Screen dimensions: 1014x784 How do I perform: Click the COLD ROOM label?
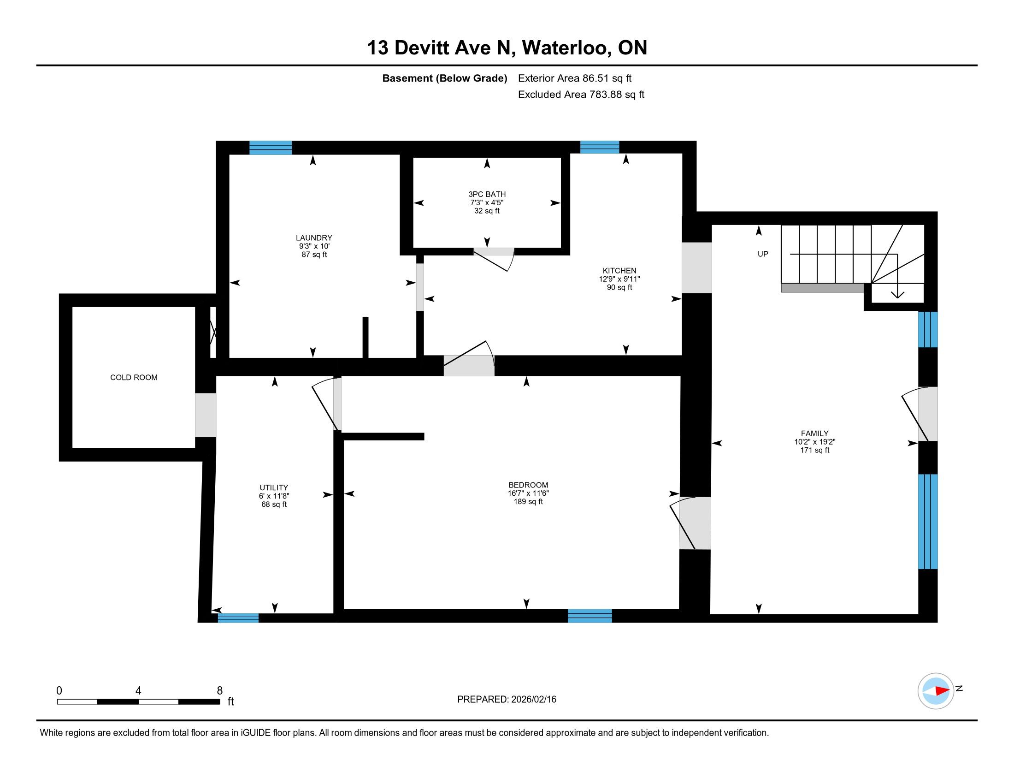click(134, 378)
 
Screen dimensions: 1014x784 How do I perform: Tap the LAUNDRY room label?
click(314, 238)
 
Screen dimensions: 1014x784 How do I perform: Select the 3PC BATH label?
click(487, 194)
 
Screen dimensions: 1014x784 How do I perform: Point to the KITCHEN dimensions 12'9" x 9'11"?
click(619, 279)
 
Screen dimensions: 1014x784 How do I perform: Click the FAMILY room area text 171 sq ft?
click(815, 450)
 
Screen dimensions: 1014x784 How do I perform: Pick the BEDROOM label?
click(528, 485)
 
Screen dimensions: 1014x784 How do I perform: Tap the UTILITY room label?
click(274, 487)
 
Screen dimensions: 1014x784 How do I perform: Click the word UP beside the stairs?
click(763, 254)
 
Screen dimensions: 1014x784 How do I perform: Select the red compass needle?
click(942, 691)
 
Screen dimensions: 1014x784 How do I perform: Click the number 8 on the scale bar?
click(219, 691)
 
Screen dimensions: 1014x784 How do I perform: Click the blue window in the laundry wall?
click(271, 148)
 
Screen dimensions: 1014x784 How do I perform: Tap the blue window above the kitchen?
click(600, 147)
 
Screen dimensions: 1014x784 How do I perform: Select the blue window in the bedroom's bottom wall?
click(590, 616)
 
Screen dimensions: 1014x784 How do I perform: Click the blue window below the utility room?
click(238, 618)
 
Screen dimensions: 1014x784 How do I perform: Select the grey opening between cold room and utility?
click(206, 415)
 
